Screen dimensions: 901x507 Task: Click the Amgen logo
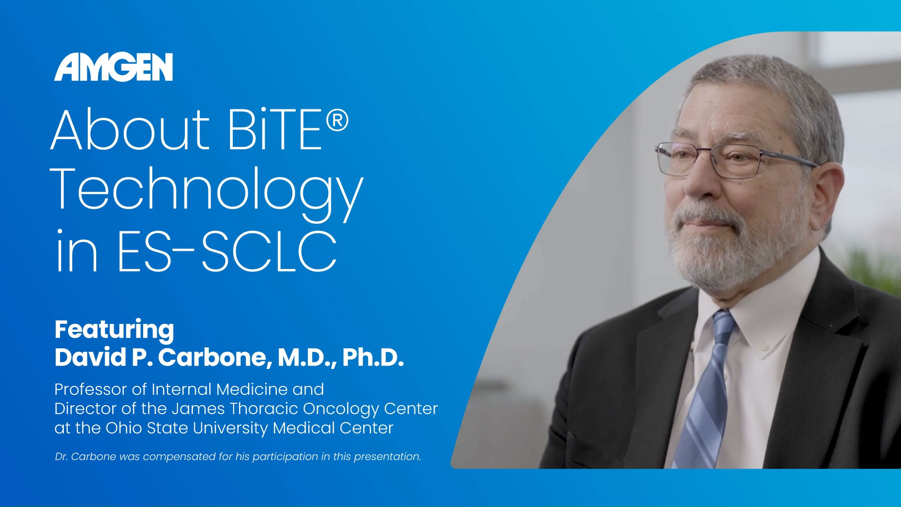click(x=114, y=67)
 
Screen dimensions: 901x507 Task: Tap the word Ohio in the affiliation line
click(x=123, y=428)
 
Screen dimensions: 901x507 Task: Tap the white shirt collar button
click(x=764, y=347)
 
